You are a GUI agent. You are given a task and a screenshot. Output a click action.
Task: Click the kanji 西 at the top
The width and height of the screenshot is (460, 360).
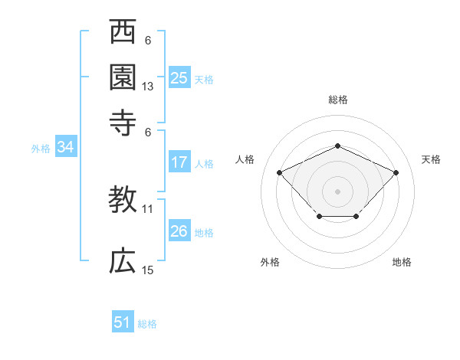coord(123,33)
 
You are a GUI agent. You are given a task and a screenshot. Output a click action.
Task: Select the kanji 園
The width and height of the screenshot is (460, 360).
coord(123,77)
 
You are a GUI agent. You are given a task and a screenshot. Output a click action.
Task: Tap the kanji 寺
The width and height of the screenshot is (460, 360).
coord(123,122)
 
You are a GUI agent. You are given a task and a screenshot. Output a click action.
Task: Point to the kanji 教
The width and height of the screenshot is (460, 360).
coord(123,201)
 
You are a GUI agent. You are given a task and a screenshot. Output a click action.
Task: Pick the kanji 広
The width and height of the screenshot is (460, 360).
coord(123,261)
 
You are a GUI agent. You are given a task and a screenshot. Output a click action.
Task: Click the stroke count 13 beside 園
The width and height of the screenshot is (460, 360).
coord(148,87)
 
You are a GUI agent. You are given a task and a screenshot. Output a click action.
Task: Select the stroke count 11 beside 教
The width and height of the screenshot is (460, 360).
coord(148,208)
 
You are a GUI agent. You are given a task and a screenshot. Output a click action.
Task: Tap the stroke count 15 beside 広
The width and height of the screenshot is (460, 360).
coord(148,270)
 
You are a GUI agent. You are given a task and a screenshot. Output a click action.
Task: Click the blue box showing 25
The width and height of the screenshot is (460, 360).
coord(179,77)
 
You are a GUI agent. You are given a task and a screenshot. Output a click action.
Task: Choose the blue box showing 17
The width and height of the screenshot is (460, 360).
coord(179,162)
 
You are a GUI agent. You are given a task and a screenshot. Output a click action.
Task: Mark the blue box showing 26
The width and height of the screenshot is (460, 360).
coord(179,231)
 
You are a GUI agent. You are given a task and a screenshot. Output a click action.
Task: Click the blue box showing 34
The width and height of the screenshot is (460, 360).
coord(65,148)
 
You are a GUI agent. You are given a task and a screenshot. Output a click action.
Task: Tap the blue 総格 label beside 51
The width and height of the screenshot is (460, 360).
coord(147,324)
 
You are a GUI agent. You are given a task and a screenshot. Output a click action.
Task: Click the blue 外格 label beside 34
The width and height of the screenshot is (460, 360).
coord(40,149)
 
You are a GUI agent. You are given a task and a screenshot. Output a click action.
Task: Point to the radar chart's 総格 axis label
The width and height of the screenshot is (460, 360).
coord(337,100)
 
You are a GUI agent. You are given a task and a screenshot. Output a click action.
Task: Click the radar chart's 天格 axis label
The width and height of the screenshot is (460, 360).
coord(431,159)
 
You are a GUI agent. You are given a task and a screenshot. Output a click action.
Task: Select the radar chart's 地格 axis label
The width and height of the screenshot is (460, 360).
coord(402,262)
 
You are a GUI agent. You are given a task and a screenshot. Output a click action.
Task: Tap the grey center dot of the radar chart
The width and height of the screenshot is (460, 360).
coord(337,191)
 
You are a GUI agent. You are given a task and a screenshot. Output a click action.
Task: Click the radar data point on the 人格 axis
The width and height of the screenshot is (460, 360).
coord(280,172)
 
